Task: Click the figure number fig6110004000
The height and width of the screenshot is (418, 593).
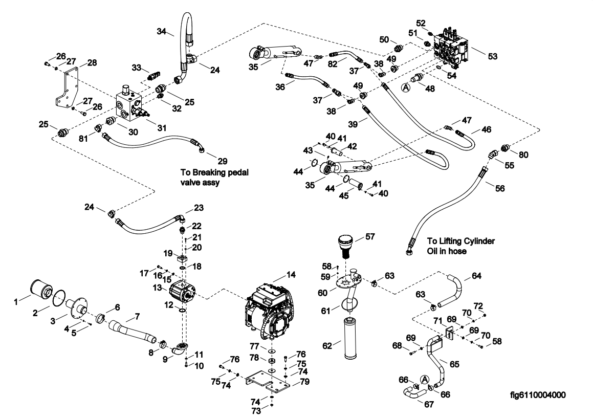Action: pos(538,395)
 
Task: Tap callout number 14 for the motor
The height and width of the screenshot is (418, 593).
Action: pos(291,275)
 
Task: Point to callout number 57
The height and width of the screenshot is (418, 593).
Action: pos(370,237)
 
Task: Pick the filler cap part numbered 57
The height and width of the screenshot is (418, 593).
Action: pos(345,246)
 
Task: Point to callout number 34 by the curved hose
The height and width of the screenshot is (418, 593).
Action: pos(162,31)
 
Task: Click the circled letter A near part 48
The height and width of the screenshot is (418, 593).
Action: pos(406,87)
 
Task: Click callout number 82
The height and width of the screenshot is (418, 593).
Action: pos(333,64)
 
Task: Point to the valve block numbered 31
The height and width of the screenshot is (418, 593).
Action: pos(130,103)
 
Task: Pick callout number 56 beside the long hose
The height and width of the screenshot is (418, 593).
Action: pos(500,188)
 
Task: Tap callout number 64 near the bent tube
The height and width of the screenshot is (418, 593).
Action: pos(476,276)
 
